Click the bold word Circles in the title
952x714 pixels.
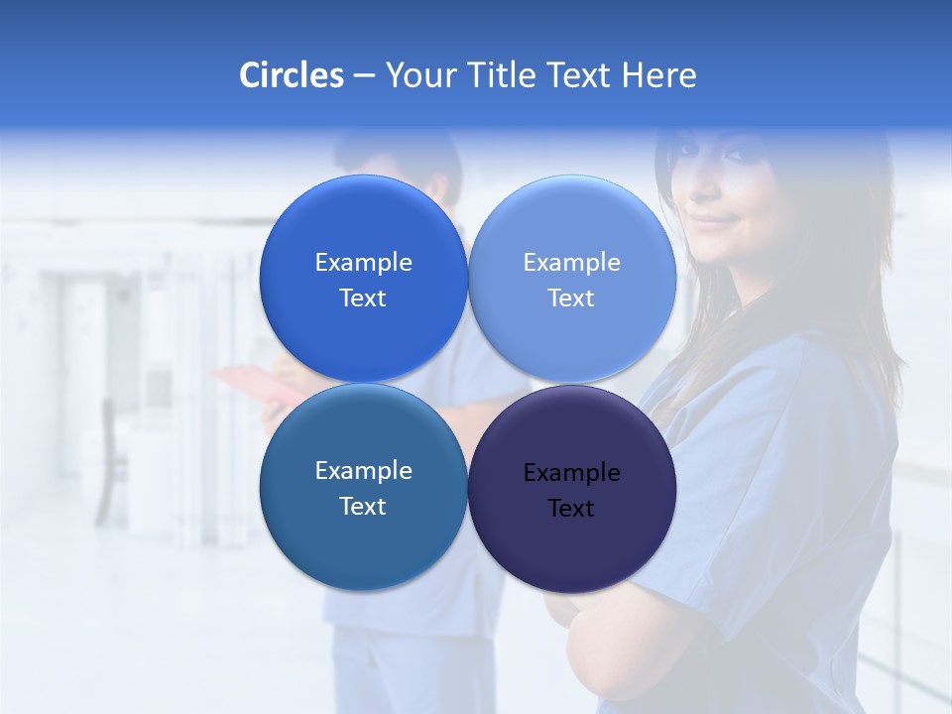(292, 75)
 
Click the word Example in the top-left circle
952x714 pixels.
(363, 263)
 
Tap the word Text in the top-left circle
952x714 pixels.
(363, 298)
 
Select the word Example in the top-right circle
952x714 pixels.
(571, 263)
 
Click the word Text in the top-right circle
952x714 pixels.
(571, 298)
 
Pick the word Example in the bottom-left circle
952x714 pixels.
(363, 471)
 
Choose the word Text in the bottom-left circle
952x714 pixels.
(363, 507)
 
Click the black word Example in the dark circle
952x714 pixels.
(571, 473)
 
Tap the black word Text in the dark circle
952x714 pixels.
(571, 509)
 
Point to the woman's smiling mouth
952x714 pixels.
(712, 221)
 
